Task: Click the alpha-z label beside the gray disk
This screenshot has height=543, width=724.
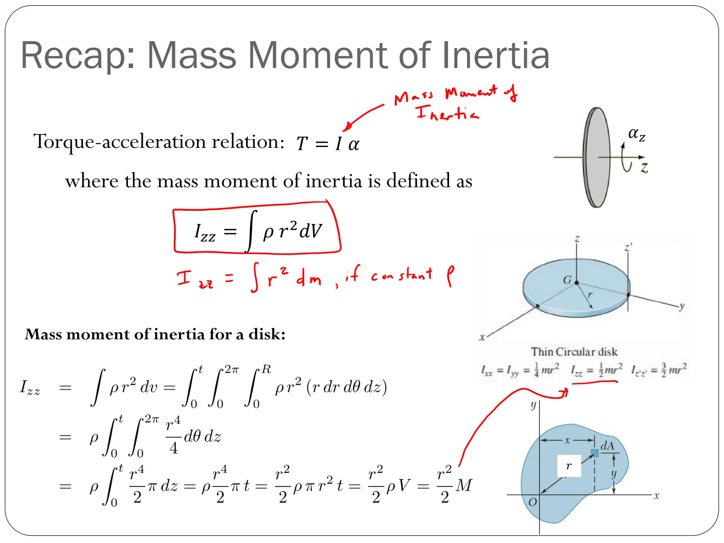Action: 637,134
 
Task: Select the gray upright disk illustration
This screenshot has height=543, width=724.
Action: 597,157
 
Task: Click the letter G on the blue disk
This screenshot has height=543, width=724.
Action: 567,280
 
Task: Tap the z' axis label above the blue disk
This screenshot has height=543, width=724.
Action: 628,247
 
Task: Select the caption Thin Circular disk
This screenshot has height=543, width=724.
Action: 574,352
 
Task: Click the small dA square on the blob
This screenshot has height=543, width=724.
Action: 595,453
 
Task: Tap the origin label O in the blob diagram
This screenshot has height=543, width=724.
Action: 532,502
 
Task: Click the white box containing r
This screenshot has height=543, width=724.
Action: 569,466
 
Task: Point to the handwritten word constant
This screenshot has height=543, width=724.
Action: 402,275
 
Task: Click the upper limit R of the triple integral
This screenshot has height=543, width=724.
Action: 267,370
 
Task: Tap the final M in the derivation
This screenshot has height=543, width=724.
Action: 464,486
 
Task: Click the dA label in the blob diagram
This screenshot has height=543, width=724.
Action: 607,446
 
